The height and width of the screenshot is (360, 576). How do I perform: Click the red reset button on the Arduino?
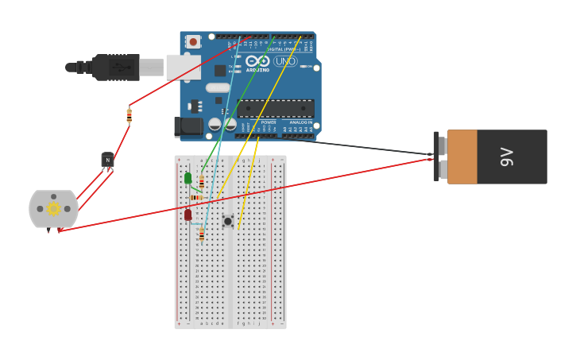[x=193, y=41]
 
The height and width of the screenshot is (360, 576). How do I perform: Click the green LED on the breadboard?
[x=188, y=178]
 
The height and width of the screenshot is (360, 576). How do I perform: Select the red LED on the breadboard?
[x=188, y=215]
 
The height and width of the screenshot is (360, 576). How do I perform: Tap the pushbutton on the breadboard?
[x=228, y=221]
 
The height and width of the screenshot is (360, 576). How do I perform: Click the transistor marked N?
[x=108, y=160]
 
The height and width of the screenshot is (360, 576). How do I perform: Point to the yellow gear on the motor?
[x=53, y=209]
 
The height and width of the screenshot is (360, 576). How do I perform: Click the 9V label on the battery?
[x=507, y=157]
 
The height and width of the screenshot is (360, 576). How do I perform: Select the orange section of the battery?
[x=462, y=157]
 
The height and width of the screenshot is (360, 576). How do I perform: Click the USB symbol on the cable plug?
[x=118, y=67]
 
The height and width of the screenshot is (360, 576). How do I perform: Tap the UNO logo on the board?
[x=284, y=61]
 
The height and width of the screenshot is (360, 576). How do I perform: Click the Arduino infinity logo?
[x=257, y=61]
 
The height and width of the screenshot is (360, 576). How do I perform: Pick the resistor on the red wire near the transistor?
[x=130, y=116]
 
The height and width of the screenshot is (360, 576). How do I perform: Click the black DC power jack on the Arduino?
[x=188, y=126]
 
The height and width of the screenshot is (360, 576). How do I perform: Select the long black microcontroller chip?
[x=276, y=109]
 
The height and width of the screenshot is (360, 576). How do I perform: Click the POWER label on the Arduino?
[x=269, y=122]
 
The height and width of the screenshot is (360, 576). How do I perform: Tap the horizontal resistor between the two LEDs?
[x=196, y=197]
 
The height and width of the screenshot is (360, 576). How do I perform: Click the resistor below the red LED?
[x=202, y=234]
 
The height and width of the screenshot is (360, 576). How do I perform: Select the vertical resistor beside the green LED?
[x=202, y=183]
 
